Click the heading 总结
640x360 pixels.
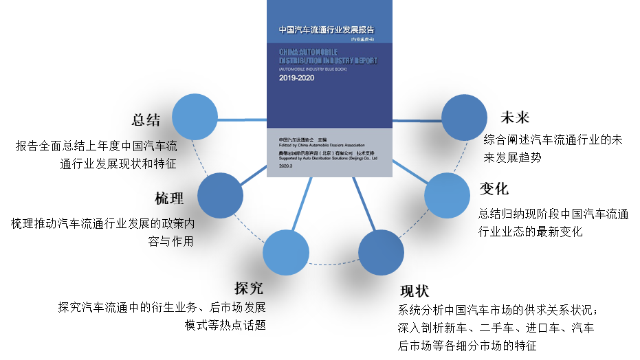pyautogui.click(x=146, y=120)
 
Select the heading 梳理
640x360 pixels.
pyautogui.click(x=169, y=199)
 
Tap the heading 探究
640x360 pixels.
pyautogui.click(x=248, y=287)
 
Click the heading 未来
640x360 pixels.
pyautogui.click(x=516, y=117)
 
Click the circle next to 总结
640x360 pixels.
pyautogui.click(x=195, y=117)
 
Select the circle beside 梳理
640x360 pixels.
pyautogui.click(x=221, y=195)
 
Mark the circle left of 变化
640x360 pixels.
pyautogui.click(x=447, y=195)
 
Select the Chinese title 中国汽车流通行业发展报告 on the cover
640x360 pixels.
pyautogui.click(x=327, y=30)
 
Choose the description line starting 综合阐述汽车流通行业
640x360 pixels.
pyautogui.click(x=553, y=139)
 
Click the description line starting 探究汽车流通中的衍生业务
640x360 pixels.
pyautogui.click(x=162, y=307)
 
